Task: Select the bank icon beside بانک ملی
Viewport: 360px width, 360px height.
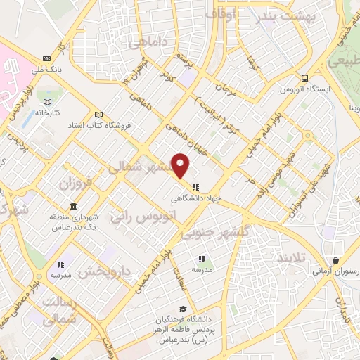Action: (x=46, y=58)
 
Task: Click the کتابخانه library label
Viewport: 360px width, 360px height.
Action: (x=48, y=112)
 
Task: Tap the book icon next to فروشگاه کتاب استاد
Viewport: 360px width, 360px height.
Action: (x=98, y=115)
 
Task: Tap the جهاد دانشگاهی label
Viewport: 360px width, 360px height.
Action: (x=197, y=198)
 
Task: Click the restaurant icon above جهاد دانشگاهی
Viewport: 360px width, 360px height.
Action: (x=195, y=188)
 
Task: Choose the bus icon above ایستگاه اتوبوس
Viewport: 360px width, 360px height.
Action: (x=304, y=79)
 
